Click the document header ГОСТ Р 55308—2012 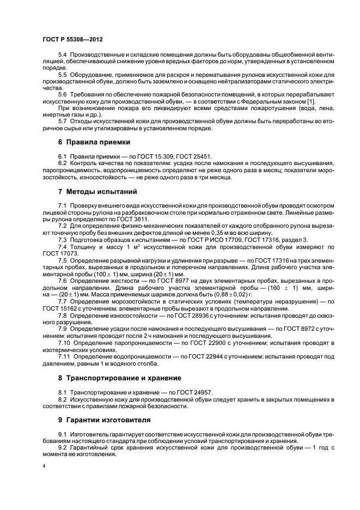point(72,40)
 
